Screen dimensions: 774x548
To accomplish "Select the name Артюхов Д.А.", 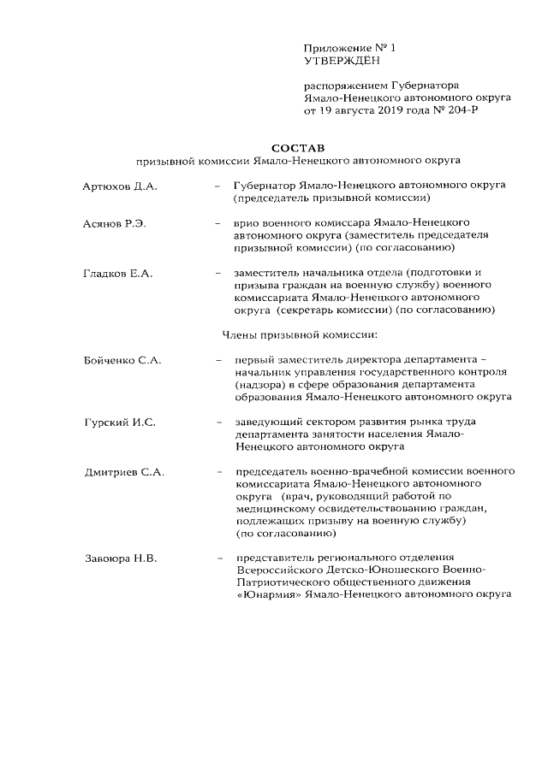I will point(121,185).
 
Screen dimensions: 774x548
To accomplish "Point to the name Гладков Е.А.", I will point(117,273).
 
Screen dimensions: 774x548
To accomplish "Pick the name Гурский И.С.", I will point(119,422).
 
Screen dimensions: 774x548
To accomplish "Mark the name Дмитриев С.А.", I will point(125,472).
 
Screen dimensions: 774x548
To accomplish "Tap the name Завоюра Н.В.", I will point(121,559).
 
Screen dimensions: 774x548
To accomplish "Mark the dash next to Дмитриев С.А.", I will point(220,472).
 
